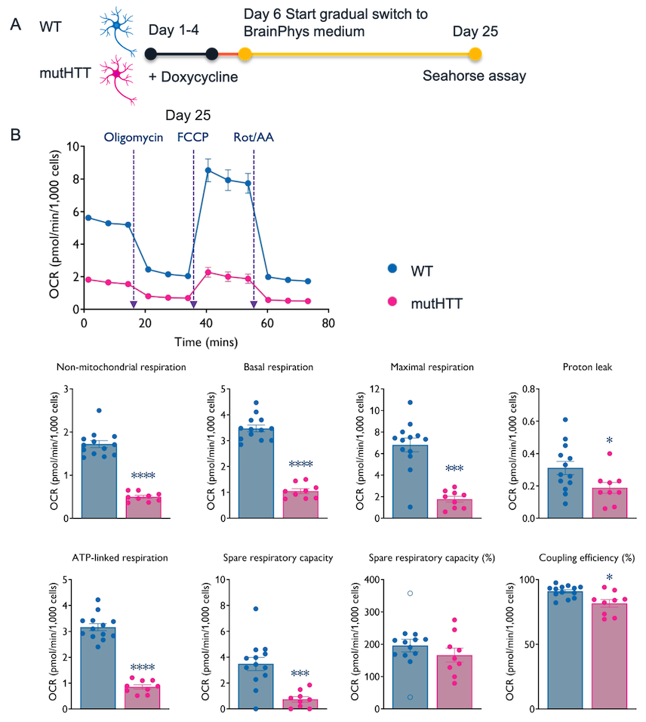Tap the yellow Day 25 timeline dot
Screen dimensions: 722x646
coord(475,54)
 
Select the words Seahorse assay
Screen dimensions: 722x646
coord(474,76)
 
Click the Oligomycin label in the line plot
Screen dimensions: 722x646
coord(133,138)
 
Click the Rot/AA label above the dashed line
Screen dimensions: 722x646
coord(252,138)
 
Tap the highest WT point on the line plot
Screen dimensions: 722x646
coord(208,170)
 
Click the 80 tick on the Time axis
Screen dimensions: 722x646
coord(328,322)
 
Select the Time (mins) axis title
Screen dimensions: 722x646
coord(205,341)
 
